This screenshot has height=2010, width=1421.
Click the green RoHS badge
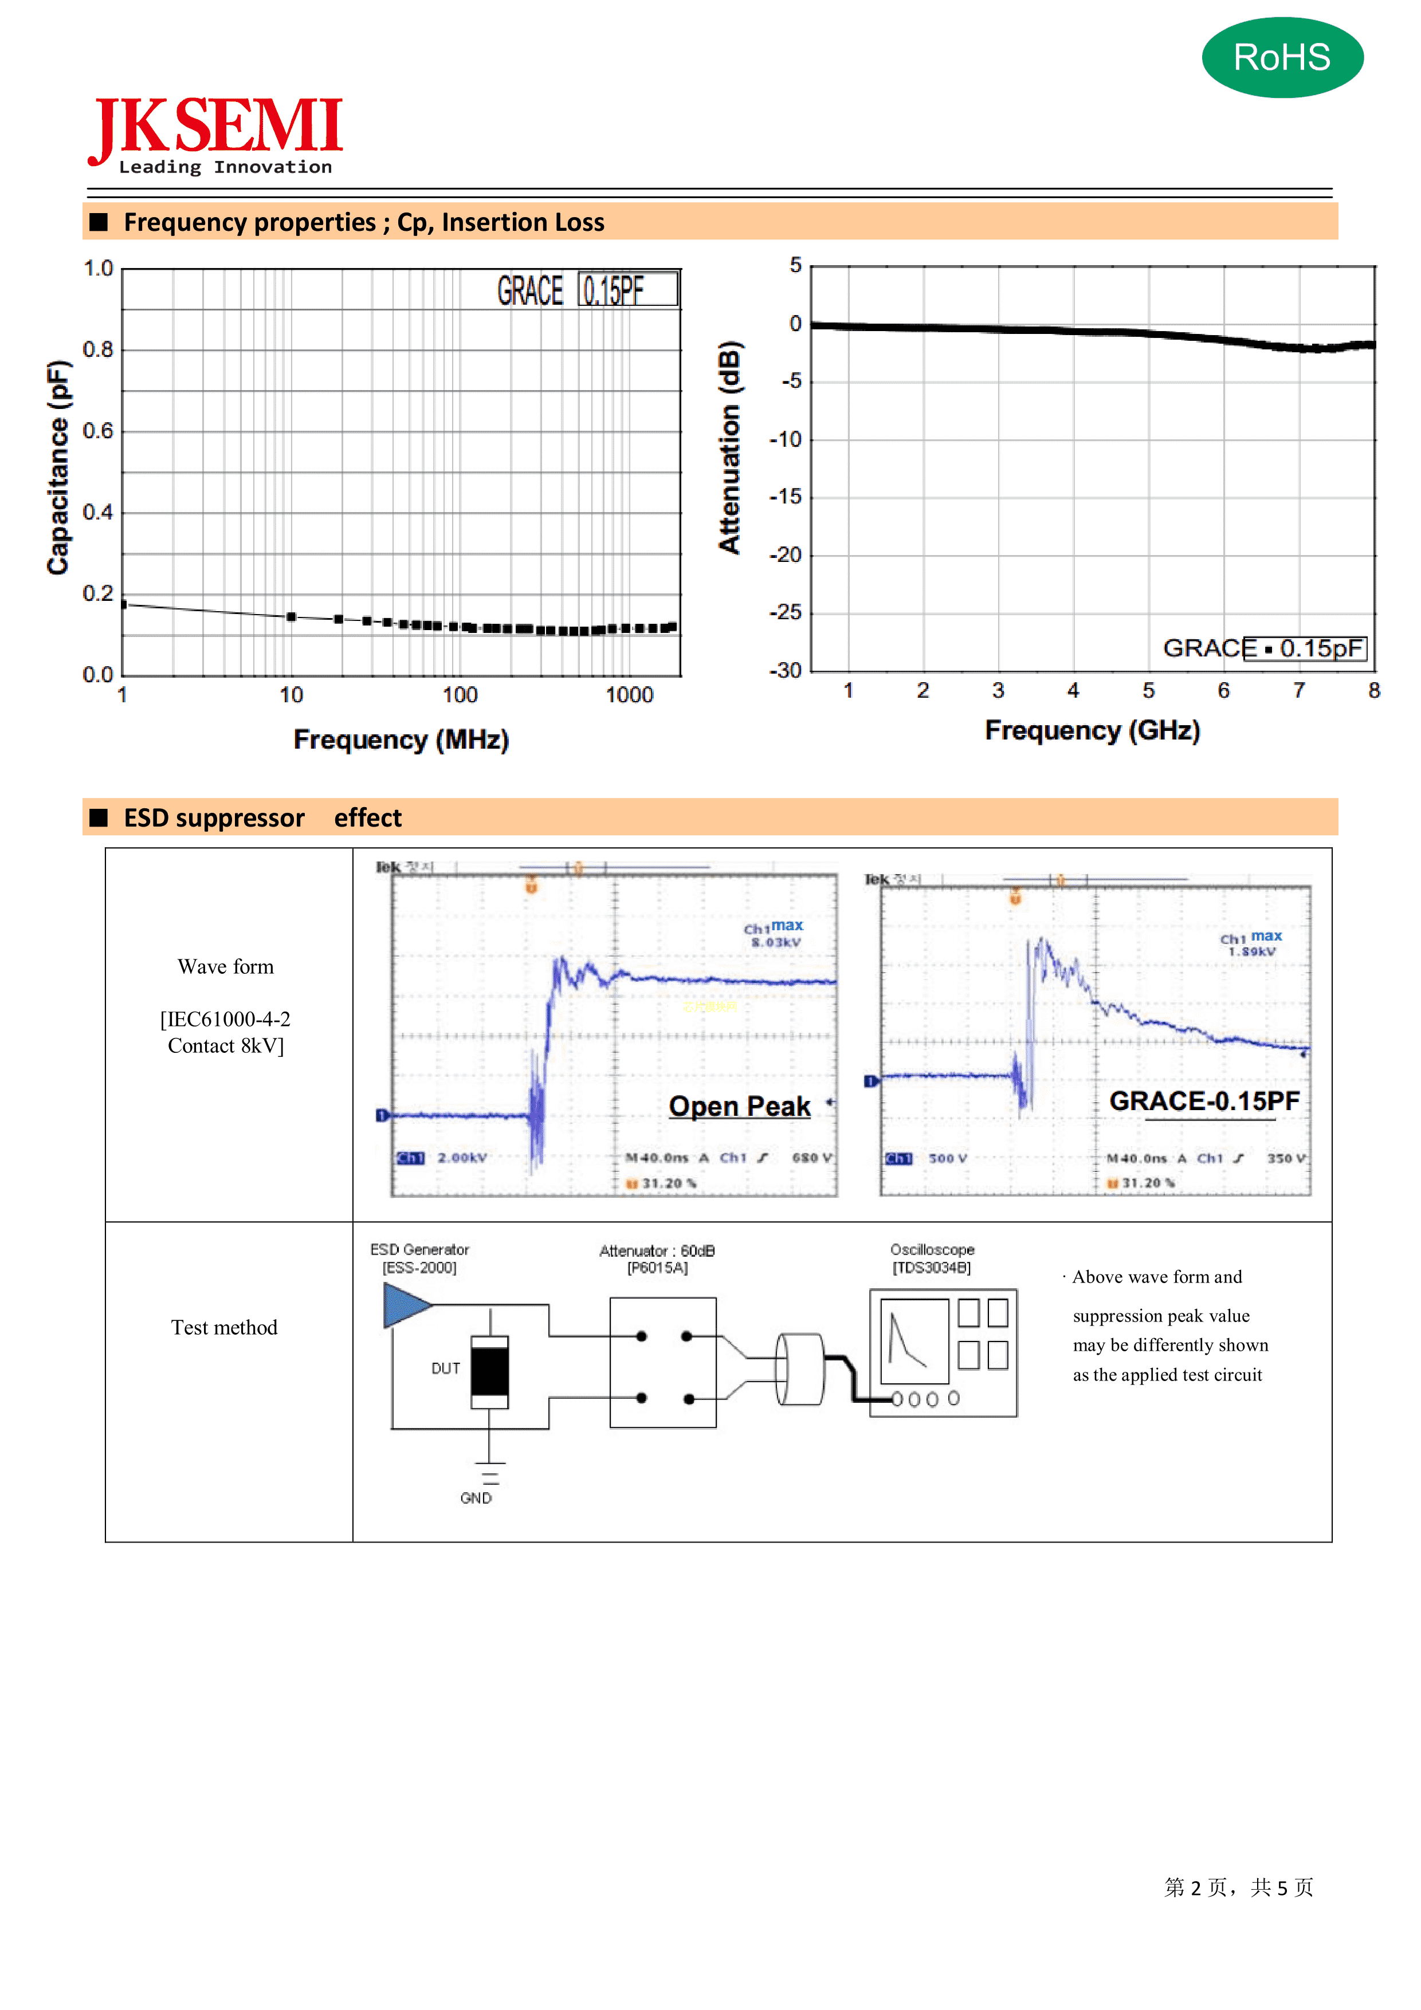1282,58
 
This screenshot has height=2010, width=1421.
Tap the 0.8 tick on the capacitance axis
98,350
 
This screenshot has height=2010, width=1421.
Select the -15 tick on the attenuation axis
786,497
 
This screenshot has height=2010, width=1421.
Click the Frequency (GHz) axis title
1092,731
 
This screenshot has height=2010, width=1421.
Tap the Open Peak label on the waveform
739,1107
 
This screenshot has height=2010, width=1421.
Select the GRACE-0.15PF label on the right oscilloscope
1204,1102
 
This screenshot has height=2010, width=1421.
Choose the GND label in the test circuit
476,1498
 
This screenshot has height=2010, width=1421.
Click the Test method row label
224,1327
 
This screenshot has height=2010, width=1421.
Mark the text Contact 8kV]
226,1046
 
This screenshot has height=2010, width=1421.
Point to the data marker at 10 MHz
292,617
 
